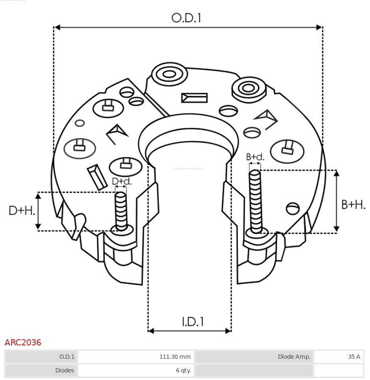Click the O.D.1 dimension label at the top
pyautogui.click(x=186, y=18)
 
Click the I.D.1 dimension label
pyautogui.click(x=192, y=322)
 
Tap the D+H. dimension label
pyautogui.click(x=22, y=211)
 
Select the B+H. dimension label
pyautogui.click(x=353, y=204)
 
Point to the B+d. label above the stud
pyautogui.click(x=255, y=157)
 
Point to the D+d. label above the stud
pyautogui.click(x=121, y=181)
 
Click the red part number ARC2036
pyautogui.click(x=23, y=343)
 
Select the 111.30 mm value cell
pyautogui.click(x=136, y=357)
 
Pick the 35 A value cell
pyautogui.click(x=338, y=357)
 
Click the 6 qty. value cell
pyautogui.click(x=136, y=370)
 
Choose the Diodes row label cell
pyautogui.click(x=41, y=370)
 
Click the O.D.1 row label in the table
pyautogui.click(x=41, y=357)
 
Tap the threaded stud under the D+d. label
pyautogui.click(x=121, y=210)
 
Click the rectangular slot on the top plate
pyautogui.click(x=194, y=98)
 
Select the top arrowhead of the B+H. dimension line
pyautogui.click(x=337, y=173)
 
